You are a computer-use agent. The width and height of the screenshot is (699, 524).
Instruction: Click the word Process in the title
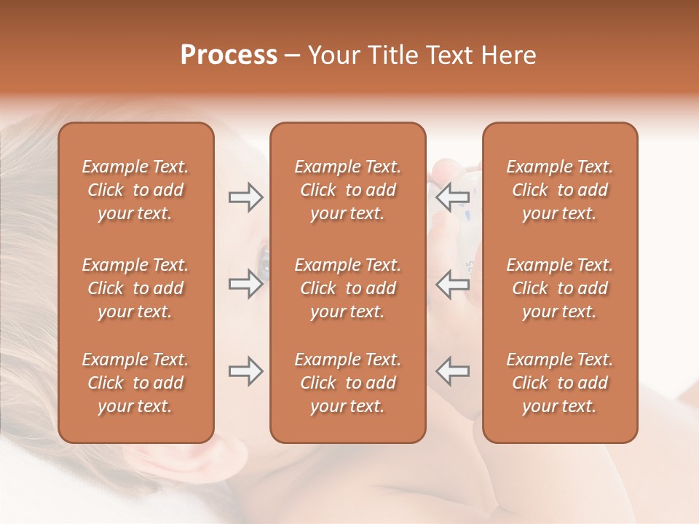pos(229,55)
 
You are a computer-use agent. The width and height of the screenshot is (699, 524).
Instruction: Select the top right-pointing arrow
pos(245,197)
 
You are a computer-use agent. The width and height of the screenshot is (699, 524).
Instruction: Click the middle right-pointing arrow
pos(245,285)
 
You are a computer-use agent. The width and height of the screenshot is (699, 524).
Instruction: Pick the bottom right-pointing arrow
pos(245,371)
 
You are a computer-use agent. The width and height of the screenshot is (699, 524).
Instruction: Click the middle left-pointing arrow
pos(452,285)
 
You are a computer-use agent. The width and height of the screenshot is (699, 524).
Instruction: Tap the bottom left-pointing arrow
pos(452,371)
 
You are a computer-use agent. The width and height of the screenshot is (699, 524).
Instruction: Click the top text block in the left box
pos(135,190)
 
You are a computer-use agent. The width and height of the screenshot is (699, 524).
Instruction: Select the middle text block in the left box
pos(135,288)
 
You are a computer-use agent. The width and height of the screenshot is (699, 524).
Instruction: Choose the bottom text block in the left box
pos(135,383)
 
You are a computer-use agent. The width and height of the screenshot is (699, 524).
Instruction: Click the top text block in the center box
pos(347,190)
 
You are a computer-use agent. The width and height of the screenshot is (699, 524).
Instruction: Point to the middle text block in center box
pos(347,288)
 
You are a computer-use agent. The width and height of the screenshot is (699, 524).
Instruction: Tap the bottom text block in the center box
pos(347,383)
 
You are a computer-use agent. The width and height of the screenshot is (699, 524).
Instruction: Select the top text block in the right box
pos(559,190)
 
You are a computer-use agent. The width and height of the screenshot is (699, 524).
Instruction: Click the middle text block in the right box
pos(559,288)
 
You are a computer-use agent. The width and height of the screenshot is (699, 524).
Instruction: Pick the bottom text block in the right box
pos(559,383)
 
